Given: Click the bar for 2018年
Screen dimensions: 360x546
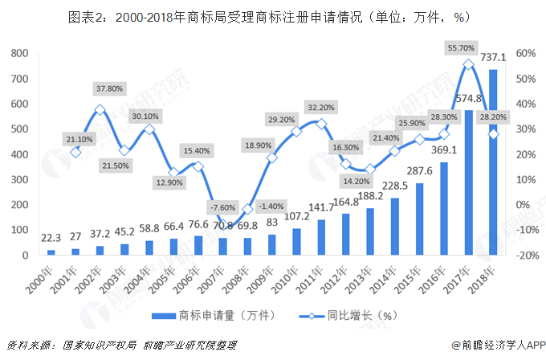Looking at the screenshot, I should [492, 162].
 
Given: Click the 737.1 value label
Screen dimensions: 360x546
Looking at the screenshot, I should [492, 58].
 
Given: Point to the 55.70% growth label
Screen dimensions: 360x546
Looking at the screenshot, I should [467, 48].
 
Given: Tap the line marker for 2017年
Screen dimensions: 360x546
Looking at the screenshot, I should [467, 63].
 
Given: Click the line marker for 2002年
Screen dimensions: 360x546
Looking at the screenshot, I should [100, 109].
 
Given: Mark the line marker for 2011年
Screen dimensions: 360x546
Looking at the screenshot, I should [321, 124].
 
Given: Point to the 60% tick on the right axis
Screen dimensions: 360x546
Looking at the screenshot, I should [525, 53].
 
